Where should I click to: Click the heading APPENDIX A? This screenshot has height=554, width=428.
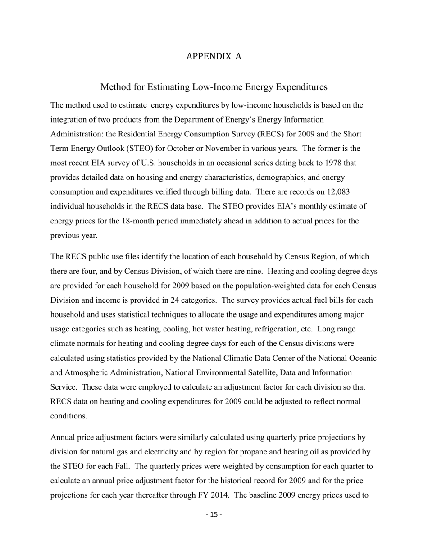tap(214, 56)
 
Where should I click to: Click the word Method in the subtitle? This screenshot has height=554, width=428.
tap(115, 86)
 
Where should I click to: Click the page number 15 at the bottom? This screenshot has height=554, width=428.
tap(214, 514)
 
